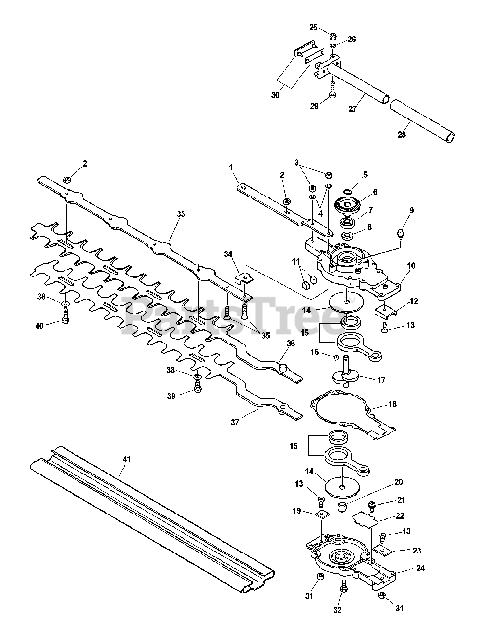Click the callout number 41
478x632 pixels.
coord(127,459)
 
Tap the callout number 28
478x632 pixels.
coord(402,134)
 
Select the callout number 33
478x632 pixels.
coord(181,214)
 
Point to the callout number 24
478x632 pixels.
coord(420,568)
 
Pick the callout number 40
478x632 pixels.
coord(39,326)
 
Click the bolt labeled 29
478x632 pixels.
coord(332,89)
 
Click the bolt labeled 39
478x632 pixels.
coord(198,386)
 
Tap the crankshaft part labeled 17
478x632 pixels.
coord(345,370)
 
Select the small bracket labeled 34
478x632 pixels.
coord(244,278)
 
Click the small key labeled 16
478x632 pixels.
coord(335,357)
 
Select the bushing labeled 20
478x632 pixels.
coord(341,507)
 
